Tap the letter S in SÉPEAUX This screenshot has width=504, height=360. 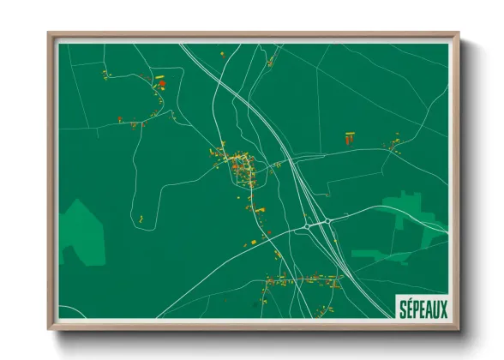399,307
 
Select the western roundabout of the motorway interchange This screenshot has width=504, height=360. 307,227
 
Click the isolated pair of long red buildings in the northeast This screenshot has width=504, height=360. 349,137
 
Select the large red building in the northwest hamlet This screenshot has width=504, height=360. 160,84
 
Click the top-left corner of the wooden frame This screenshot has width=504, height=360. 49,34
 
